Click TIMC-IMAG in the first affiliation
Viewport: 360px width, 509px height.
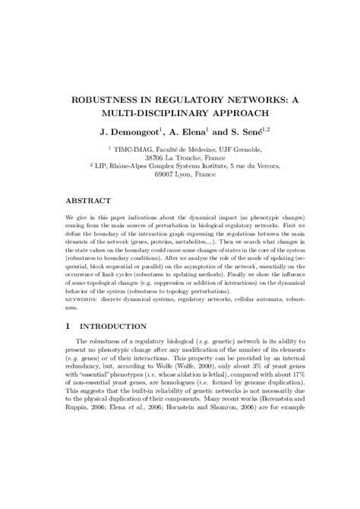point(133,150)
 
